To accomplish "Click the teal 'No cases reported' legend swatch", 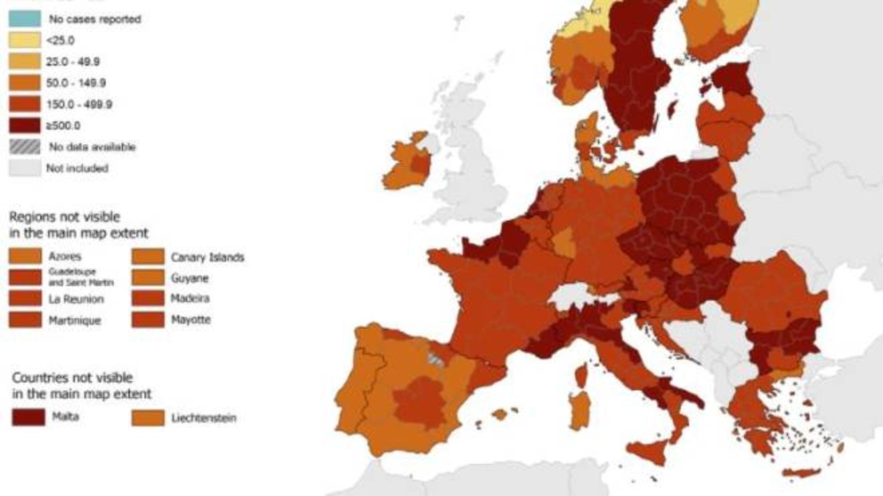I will pos(24,19).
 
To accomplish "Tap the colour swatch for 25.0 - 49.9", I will pos(24,61).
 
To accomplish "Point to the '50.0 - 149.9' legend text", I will pos(76,83).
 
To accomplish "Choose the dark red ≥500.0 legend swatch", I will pos(24,125).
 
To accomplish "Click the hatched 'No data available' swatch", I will pos(24,146).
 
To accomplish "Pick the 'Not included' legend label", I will pos(76,168).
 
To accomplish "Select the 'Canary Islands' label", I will pos(207,257).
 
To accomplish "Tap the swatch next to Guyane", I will pos(148,277).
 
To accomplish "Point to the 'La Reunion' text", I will pos(76,299).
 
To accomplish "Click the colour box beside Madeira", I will pos(148,298).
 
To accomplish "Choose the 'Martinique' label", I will pos(74,320).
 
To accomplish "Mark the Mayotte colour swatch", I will pos(148,320).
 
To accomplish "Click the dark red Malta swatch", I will pos(28,417).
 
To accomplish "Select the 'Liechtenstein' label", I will pos(203,418).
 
